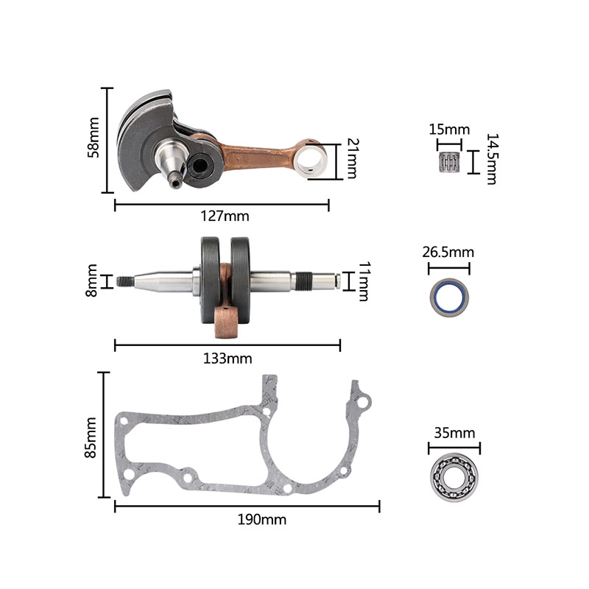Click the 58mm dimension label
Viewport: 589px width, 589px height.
tap(94, 138)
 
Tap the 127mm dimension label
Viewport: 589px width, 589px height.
tap(225, 216)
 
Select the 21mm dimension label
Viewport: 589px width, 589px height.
tap(353, 158)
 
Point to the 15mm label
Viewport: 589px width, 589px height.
tap(449, 130)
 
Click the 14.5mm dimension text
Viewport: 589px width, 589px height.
tap(492, 159)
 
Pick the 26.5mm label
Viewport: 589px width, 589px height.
tap(448, 252)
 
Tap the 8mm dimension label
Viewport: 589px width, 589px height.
tap(91, 281)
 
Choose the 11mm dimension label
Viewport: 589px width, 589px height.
tap(364, 281)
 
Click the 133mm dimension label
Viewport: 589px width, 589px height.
tap(228, 359)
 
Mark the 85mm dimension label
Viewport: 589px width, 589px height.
tap(91, 437)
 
